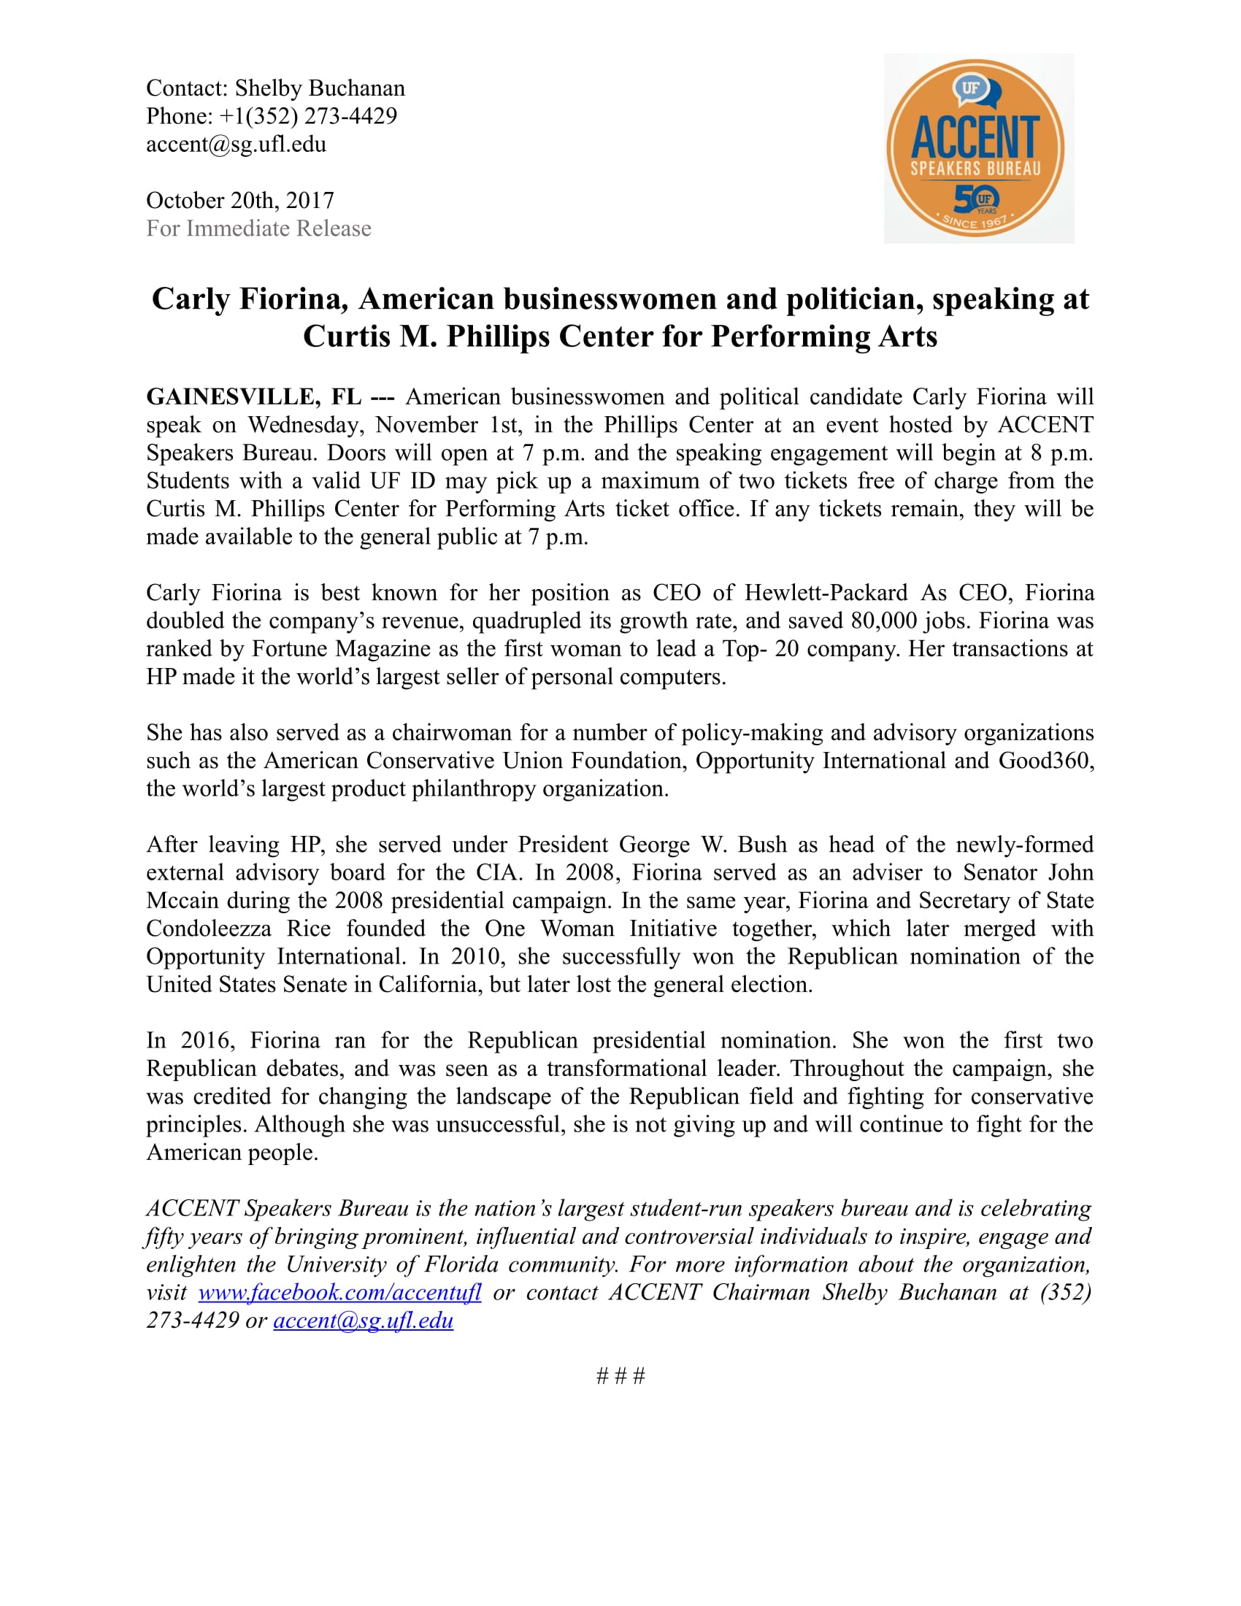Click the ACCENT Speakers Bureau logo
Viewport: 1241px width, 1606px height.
coord(977,147)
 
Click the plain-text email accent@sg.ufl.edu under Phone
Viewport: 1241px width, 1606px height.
coord(236,144)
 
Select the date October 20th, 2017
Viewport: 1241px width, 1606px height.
coord(239,200)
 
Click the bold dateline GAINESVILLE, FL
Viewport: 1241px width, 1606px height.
coord(253,397)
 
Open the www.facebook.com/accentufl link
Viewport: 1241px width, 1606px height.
coord(339,1292)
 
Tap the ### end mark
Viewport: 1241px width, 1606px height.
coord(620,1376)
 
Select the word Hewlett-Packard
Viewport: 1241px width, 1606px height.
coord(826,593)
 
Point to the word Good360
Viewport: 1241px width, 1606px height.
coord(1045,761)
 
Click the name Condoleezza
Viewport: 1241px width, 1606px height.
coord(208,929)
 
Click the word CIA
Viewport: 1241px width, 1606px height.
coord(498,873)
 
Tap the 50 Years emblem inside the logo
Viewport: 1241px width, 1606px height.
coord(976,199)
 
